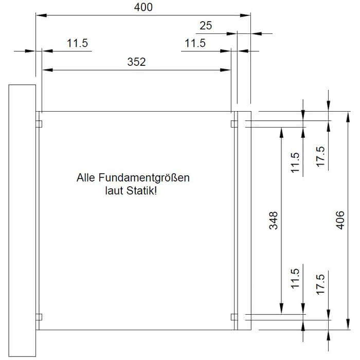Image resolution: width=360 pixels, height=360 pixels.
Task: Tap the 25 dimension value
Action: point(206,25)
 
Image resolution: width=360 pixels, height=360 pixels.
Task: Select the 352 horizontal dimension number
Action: point(136,62)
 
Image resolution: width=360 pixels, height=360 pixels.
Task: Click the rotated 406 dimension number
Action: point(339,220)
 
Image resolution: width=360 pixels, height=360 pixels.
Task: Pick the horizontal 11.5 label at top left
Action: point(78,43)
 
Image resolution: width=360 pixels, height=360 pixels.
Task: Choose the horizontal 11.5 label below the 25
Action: point(195,43)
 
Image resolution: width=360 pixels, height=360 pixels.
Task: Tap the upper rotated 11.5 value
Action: point(295,163)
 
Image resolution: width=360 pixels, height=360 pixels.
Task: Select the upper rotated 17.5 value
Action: point(320,156)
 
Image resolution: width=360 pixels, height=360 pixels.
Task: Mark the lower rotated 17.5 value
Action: point(320,284)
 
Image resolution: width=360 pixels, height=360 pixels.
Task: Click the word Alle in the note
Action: point(86,178)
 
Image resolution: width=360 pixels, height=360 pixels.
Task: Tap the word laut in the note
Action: point(113,191)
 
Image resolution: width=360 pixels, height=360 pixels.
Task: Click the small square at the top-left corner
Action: point(39,124)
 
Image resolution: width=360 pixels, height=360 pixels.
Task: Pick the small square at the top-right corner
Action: point(234,124)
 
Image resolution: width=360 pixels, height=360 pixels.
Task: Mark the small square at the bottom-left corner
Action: point(39,316)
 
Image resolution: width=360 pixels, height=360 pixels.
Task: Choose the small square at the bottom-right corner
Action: point(234,316)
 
